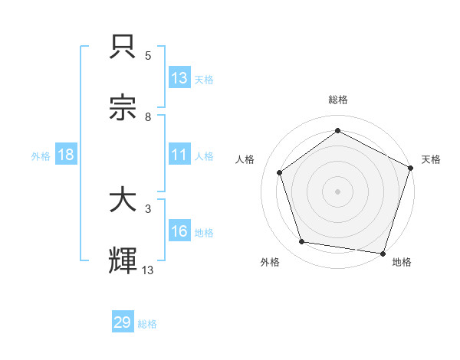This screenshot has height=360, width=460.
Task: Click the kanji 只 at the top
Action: coord(123,48)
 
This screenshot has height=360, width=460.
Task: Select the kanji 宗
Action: coord(123,108)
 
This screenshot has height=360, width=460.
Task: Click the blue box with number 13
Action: coord(179,77)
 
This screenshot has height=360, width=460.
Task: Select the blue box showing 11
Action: coord(179,155)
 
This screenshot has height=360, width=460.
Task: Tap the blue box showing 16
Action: coord(179,231)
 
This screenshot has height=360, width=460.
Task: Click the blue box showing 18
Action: coord(65,155)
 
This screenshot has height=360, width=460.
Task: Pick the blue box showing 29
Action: coord(123,322)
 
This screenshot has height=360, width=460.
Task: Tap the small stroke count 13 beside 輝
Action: coord(148,269)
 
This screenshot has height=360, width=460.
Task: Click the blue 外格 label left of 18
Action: coord(41,155)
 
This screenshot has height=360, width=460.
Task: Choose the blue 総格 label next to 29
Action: coord(147,323)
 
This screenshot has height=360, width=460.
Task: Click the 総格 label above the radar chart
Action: coord(337,100)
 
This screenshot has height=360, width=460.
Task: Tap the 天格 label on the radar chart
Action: coord(431,159)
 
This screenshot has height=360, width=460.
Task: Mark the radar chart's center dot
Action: coord(337,191)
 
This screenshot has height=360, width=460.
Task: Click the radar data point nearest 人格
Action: coord(280,172)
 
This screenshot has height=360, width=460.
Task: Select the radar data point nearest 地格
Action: coord(383,253)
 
